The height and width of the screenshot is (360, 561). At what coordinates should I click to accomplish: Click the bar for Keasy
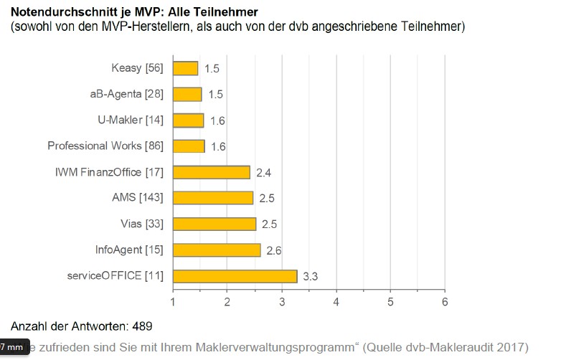pyautogui.click(x=185, y=68)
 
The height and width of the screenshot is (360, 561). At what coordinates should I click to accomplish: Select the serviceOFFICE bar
pyautogui.click(x=235, y=276)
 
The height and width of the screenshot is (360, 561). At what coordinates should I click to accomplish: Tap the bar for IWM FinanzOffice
pyautogui.click(x=211, y=172)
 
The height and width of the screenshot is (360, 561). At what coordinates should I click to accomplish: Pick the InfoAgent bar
pyautogui.click(x=216, y=250)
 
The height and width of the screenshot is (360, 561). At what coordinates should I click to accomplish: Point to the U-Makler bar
pyautogui.click(x=188, y=120)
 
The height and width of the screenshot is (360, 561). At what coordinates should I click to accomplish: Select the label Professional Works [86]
pyautogui.click(x=105, y=146)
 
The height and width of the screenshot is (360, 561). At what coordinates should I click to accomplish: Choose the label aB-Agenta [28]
pyautogui.click(x=126, y=94)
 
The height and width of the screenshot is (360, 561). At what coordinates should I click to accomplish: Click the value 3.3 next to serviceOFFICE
pyautogui.click(x=311, y=276)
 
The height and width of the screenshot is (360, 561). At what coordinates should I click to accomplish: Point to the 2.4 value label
pyautogui.click(x=263, y=172)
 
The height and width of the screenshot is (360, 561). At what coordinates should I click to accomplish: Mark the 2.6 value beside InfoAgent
pyautogui.click(x=273, y=250)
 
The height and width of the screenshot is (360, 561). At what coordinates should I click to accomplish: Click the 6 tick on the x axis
pyautogui.click(x=445, y=301)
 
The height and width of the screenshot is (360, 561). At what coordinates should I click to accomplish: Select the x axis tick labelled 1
pyautogui.click(x=173, y=301)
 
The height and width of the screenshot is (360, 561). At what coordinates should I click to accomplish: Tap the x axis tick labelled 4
pyautogui.click(x=336, y=301)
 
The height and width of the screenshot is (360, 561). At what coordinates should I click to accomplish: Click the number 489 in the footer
pyautogui.click(x=141, y=326)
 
